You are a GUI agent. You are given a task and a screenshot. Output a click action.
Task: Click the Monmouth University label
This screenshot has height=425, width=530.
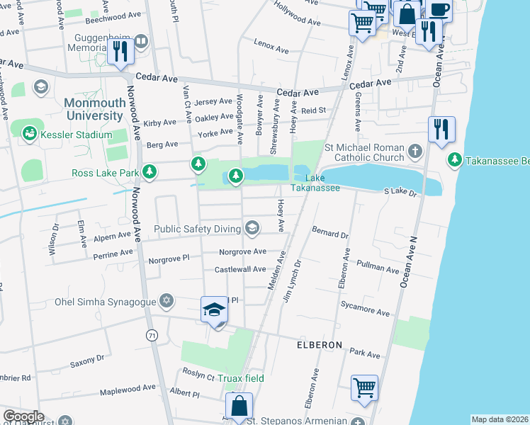click(94, 109)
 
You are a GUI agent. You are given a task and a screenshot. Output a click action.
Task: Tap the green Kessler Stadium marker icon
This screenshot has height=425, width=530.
click(29, 132)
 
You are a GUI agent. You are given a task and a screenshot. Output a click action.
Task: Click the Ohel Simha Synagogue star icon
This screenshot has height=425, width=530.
click(167, 302)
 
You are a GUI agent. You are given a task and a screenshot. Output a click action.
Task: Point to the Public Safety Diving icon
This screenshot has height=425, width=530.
click(252, 227)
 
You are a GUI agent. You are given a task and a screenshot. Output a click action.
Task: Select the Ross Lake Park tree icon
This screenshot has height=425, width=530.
click(150, 171)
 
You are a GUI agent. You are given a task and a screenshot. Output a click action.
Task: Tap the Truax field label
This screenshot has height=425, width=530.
click(240, 378)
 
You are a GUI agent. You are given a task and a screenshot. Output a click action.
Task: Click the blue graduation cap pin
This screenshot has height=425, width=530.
click(215, 310)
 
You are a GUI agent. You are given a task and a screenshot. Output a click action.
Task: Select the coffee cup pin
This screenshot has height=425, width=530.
click(439, 10)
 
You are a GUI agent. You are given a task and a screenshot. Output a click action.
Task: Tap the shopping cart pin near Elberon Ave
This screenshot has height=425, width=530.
click(364, 387)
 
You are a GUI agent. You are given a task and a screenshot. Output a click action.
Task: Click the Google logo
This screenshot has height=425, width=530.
click(23, 416)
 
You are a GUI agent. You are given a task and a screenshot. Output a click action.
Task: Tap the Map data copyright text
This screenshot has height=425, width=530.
click(499, 419)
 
